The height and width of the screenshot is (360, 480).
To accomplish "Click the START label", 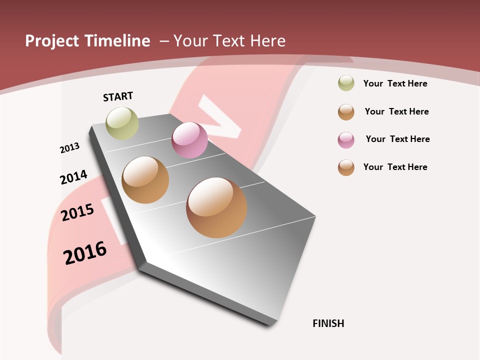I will tap(118, 96).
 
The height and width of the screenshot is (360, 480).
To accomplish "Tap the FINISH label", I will tap(328, 323).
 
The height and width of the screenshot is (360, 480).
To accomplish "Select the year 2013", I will tap(69, 148).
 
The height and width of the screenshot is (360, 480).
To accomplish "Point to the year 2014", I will tap(73, 177).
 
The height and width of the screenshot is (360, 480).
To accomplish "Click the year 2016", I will tap(85, 252).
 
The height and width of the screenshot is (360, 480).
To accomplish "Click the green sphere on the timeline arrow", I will tap(122, 123).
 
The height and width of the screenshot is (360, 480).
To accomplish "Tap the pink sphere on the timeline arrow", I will tap(189, 140).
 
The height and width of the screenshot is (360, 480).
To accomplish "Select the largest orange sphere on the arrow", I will tap(216, 207).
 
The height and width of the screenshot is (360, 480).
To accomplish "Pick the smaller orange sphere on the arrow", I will tap(145, 180).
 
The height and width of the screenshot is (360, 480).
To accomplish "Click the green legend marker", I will tap(346, 83).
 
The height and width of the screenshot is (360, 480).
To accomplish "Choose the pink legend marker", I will tap(346, 140).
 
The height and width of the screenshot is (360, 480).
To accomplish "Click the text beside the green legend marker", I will tap(395, 83).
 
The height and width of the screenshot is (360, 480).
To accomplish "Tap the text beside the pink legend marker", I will tap(397, 139).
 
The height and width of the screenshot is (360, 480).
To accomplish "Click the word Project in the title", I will tap(52, 41).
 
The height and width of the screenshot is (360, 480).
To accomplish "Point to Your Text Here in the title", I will tap(229, 41).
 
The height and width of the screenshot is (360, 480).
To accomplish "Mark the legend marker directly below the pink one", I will tap(346, 167).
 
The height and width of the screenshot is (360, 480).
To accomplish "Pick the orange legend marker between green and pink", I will tap(346, 112).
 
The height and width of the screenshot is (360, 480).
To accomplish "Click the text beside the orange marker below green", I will tap(396, 111).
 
